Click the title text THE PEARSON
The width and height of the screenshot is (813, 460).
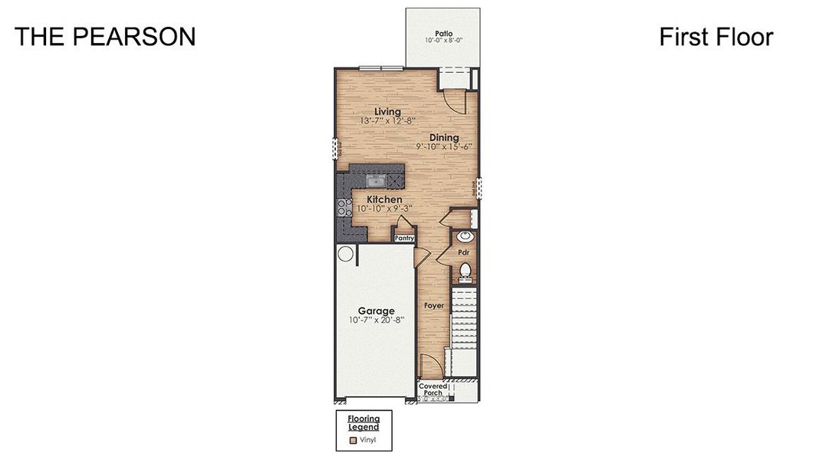point(105,37)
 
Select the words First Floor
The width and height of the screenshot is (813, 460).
point(716,37)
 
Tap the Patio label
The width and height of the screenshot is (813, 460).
point(443,34)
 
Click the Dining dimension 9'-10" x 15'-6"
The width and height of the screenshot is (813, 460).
point(443,146)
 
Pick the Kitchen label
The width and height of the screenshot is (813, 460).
point(379,199)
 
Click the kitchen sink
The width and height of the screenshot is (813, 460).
point(377,181)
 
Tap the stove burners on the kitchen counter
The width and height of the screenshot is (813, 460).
point(341,206)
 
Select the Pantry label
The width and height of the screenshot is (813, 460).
point(404,238)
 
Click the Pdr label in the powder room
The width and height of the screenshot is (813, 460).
point(463,251)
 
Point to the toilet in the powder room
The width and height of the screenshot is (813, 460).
point(463,271)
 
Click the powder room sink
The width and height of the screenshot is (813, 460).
point(463,238)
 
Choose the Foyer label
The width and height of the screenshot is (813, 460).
point(434,305)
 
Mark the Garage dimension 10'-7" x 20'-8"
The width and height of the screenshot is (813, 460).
point(376,320)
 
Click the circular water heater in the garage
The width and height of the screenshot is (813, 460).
point(345,254)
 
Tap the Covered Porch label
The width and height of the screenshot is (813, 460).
point(433,389)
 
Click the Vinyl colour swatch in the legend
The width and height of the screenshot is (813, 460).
point(354,440)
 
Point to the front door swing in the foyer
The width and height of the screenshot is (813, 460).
point(430,366)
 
